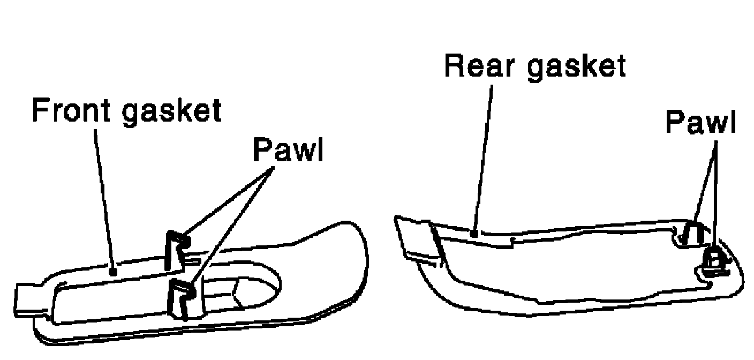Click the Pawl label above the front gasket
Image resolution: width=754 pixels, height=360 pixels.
pos(288,151)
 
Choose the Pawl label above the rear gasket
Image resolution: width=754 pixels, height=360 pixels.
pos(700,123)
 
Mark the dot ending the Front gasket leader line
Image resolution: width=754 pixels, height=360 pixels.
pos(113,272)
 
